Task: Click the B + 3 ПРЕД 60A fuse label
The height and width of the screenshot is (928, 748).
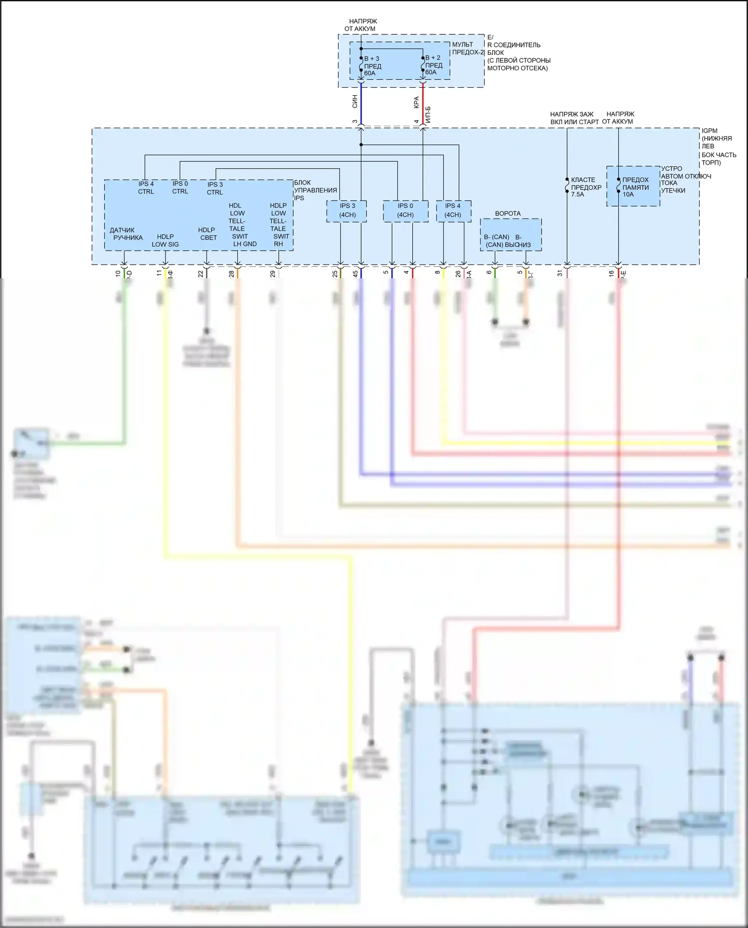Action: [372, 66]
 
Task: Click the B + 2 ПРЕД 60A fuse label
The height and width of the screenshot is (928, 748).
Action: [433, 65]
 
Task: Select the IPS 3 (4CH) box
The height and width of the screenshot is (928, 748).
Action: [347, 210]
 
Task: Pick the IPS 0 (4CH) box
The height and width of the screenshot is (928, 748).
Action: [405, 210]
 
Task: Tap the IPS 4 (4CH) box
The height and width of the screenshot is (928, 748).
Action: [453, 210]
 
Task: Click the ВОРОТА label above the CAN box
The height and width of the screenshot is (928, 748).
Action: [508, 213]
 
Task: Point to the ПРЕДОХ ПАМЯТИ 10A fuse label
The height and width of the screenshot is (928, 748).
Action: [635, 187]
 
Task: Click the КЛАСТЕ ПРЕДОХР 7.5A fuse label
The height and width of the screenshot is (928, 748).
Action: [585, 187]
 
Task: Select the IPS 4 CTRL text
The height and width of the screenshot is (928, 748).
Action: [146, 187]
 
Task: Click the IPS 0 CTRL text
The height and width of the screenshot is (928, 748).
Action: [180, 187]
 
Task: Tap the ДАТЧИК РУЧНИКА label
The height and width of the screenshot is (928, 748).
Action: [126, 234]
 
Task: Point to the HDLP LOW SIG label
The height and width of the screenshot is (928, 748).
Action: [165, 240]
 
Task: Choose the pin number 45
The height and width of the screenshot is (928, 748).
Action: [355, 274]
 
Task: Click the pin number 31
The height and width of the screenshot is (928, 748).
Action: [560, 273]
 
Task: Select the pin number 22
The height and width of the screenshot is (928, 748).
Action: [200, 274]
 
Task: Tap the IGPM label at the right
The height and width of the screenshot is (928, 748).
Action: [709, 131]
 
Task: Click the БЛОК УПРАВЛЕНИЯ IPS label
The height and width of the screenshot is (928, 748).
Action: [315, 190]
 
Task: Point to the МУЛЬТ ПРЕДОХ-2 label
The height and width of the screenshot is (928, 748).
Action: [468, 48]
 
